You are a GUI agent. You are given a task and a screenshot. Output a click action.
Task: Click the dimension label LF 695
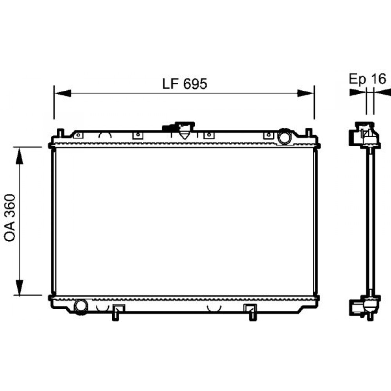click(x=184, y=83)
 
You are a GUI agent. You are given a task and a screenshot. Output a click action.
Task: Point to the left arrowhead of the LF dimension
click(x=63, y=93)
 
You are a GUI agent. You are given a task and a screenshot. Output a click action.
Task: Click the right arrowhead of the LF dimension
click(x=305, y=93)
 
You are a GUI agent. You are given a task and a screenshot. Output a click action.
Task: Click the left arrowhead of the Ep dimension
click(x=357, y=93)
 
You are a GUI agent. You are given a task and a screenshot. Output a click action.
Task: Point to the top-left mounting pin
click(x=59, y=133)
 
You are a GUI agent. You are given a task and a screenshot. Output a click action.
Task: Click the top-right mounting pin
click(x=308, y=133)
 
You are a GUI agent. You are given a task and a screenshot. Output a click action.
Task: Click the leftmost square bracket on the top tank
click(x=78, y=135)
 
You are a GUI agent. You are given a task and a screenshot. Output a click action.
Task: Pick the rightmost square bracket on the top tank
click(x=268, y=135)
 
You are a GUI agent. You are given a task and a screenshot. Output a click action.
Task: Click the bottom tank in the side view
click(x=365, y=306)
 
